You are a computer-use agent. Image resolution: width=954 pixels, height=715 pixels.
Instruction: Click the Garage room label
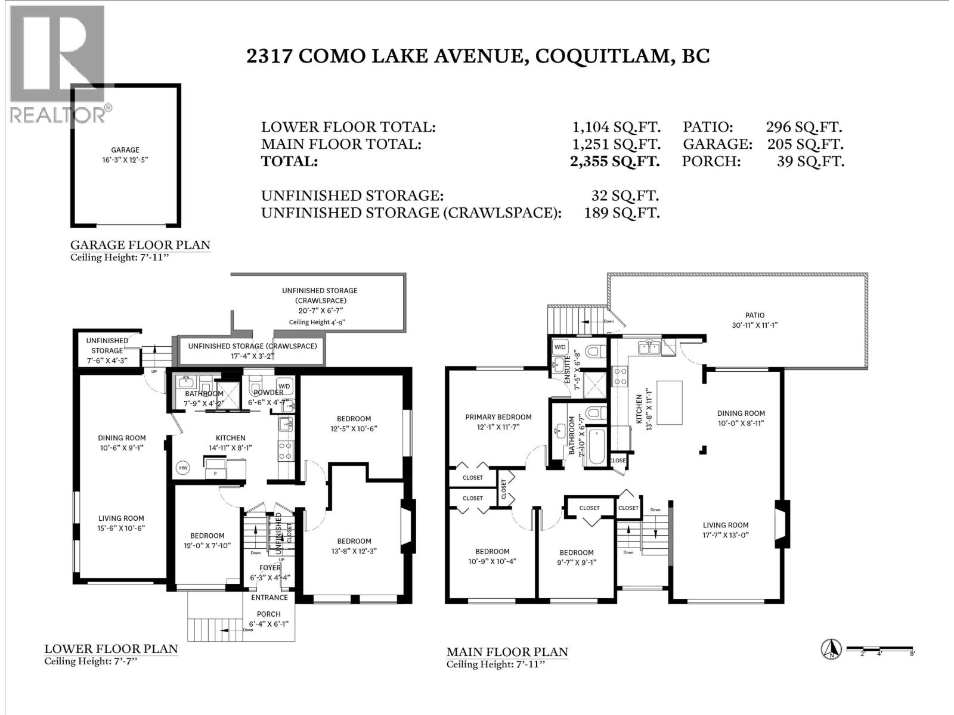[x=125, y=150]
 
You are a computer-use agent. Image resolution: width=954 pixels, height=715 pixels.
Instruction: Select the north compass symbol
[x=831, y=649]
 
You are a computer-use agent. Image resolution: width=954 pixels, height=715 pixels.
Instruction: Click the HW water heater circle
[x=183, y=468]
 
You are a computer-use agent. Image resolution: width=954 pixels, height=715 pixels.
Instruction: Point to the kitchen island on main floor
[x=670, y=403]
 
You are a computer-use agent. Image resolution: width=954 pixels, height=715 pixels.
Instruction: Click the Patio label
[x=754, y=315]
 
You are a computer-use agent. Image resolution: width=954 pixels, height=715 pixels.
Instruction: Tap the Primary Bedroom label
[x=498, y=417]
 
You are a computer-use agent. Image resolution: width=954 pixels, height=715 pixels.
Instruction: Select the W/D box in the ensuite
[x=560, y=347]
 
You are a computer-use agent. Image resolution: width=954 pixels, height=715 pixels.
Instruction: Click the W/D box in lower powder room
[x=284, y=385]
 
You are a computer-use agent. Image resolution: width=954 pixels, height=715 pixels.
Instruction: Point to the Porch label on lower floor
[x=268, y=614]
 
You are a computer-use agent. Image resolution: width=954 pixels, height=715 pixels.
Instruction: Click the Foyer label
[x=270, y=568]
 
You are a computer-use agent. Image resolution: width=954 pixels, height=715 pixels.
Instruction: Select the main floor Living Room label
[x=725, y=525]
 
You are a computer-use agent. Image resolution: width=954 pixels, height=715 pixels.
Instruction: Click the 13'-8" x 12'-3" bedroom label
[x=354, y=541]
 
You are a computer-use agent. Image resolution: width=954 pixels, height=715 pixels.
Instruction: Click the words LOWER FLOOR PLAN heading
[x=111, y=649]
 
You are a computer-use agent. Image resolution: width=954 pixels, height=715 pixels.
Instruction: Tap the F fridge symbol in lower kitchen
[x=215, y=474]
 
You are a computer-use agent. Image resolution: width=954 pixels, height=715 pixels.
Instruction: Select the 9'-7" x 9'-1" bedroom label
[x=576, y=552]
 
